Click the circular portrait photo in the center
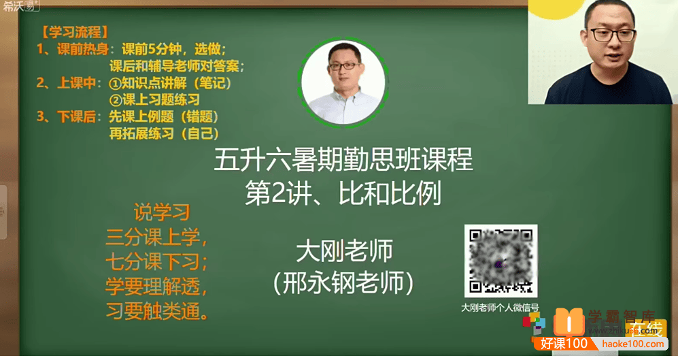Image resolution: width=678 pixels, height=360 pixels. tap(343, 82)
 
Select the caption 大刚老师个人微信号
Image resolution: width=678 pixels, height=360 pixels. tap(500, 307)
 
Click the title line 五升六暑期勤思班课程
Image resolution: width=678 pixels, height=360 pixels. tap(343, 162)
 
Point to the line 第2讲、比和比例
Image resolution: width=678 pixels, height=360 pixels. tap(343, 193)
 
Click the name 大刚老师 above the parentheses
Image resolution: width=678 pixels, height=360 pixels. tap(344, 252)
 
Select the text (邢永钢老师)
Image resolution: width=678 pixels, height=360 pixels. tap(343, 282)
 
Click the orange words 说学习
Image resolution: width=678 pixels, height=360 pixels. tap(161, 213)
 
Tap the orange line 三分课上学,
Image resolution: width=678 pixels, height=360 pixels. tap(156, 238)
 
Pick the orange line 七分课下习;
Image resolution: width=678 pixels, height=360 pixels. tap(156, 262)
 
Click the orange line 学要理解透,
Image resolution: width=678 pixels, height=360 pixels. tap(156, 287)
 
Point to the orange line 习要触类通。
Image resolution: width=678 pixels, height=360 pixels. tap(156, 312)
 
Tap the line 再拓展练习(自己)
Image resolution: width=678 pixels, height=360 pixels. tap(164, 133)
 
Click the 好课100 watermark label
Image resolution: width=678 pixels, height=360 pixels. tap(564, 344)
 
